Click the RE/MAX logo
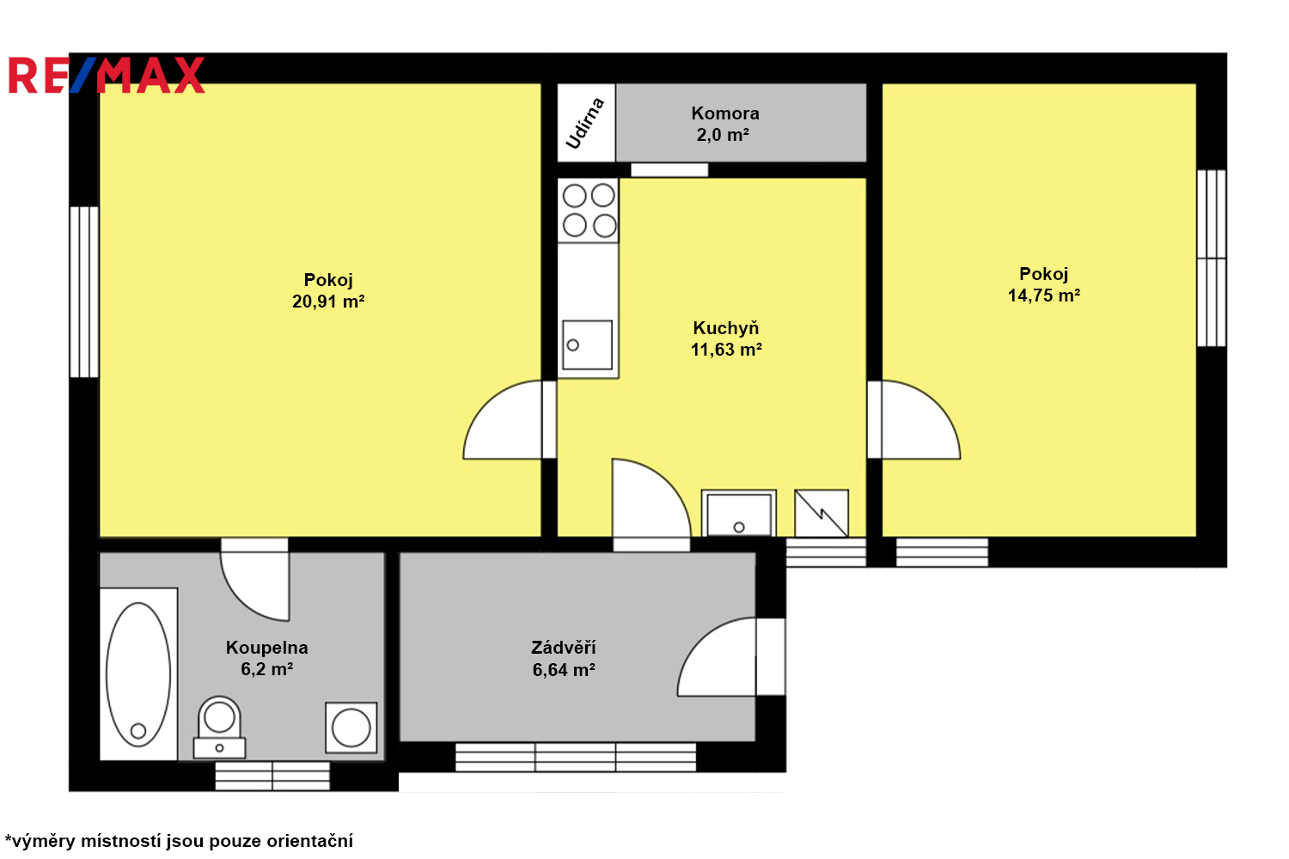(107, 75)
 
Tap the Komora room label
(725, 113)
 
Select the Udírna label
(585, 123)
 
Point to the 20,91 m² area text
(328, 301)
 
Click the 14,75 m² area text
(1044, 295)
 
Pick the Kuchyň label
(725, 328)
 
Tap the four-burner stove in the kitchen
(588, 210)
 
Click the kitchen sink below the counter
(587, 344)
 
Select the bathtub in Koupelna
(138, 673)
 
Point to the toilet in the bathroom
(219, 728)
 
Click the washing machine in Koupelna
(351, 728)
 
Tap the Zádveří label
(563, 648)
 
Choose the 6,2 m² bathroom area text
(266, 669)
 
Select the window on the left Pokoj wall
(84, 292)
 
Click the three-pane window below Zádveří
(576, 757)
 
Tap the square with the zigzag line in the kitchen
(822, 513)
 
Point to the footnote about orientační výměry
(179, 841)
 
